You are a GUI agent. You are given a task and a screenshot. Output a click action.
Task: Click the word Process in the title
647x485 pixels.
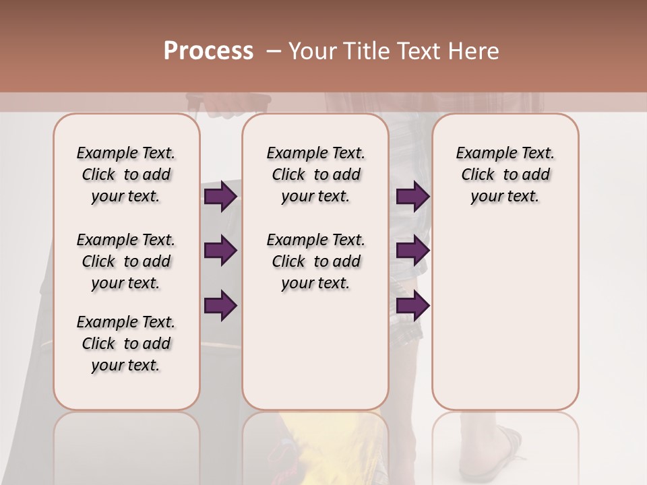pyautogui.click(x=208, y=51)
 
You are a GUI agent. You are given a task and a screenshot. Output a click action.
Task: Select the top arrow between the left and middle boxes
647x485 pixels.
pyautogui.click(x=220, y=197)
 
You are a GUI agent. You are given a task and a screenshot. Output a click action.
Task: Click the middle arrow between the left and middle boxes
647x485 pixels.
pyautogui.click(x=220, y=251)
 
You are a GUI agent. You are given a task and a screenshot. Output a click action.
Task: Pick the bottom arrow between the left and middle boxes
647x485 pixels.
pyautogui.click(x=220, y=305)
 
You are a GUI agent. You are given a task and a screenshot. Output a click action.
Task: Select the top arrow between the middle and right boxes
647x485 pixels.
pyautogui.click(x=412, y=197)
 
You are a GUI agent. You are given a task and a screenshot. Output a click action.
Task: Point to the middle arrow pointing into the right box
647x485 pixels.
pyautogui.click(x=412, y=251)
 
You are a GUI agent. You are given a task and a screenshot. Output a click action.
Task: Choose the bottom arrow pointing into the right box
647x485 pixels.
pyautogui.click(x=412, y=305)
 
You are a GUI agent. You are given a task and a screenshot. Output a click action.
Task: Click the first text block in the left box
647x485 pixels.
pyautogui.click(x=126, y=174)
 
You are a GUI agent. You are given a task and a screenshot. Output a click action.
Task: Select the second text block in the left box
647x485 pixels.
pyautogui.click(x=126, y=261)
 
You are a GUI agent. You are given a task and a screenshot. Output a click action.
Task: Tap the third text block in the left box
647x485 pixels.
pyautogui.click(x=126, y=344)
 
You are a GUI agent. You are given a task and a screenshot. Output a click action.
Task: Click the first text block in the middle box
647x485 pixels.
pyautogui.click(x=316, y=174)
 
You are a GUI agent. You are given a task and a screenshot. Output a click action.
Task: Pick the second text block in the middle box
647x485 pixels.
pyautogui.click(x=316, y=261)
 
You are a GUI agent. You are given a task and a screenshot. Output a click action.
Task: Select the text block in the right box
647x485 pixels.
pyautogui.click(x=505, y=174)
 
